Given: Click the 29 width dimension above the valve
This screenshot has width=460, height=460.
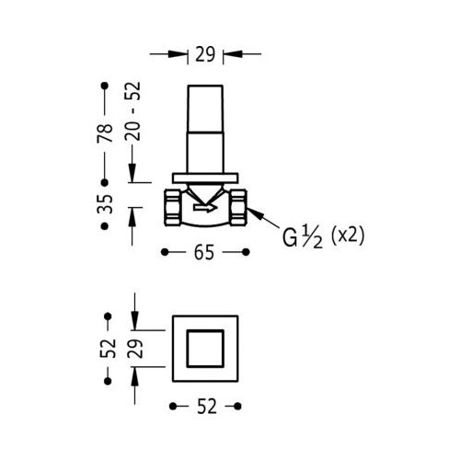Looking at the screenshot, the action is (x=205, y=54).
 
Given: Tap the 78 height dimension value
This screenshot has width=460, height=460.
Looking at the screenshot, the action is (x=105, y=133).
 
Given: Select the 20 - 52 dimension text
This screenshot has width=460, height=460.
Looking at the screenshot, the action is (x=132, y=111).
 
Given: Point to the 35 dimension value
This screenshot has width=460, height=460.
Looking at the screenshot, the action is (x=105, y=204).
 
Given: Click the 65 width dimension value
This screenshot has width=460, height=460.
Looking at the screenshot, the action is (x=204, y=253).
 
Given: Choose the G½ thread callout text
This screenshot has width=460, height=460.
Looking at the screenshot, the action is (x=303, y=237).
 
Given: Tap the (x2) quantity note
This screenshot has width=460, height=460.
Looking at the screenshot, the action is (x=348, y=236).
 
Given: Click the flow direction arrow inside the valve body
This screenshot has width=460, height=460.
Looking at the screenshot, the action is (x=205, y=209).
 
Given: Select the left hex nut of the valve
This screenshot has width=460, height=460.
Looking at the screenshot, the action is (x=172, y=208).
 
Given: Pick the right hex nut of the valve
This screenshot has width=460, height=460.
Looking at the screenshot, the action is (x=238, y=208).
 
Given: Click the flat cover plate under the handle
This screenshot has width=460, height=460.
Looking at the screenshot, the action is (x=205, y=178).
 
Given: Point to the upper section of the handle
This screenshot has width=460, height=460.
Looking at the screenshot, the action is (x=205, y=109).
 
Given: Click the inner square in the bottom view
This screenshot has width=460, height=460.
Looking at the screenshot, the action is (x=205, y=349).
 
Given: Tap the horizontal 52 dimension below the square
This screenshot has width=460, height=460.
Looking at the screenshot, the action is (x=207, y=407).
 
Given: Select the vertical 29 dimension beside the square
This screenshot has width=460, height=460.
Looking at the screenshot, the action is (x=135, y=349).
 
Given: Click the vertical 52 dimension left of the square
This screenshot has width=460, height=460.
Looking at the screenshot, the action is (x=108, y=349).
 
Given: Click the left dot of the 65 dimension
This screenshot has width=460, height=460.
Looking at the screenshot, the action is (x=165, y=252).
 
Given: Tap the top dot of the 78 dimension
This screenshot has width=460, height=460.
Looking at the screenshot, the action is (x=105, y=86).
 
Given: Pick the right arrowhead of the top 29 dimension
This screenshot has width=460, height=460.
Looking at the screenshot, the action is (x=233, y=54).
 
